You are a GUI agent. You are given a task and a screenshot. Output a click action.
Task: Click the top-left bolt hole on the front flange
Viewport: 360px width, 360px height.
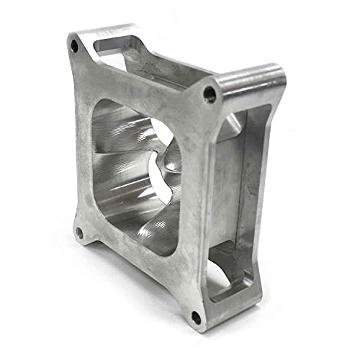click(x=74, y=45)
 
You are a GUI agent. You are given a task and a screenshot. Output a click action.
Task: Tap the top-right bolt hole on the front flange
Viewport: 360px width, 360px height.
click(x=210, y=93)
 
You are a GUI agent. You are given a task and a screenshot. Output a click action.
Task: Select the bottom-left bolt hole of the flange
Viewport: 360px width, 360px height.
click(x=80, y=233)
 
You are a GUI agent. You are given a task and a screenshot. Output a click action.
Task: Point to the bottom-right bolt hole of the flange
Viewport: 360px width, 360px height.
click(x=195, y=316)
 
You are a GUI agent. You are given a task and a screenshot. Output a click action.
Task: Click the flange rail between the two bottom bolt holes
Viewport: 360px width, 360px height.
click(x=137, y=277)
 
